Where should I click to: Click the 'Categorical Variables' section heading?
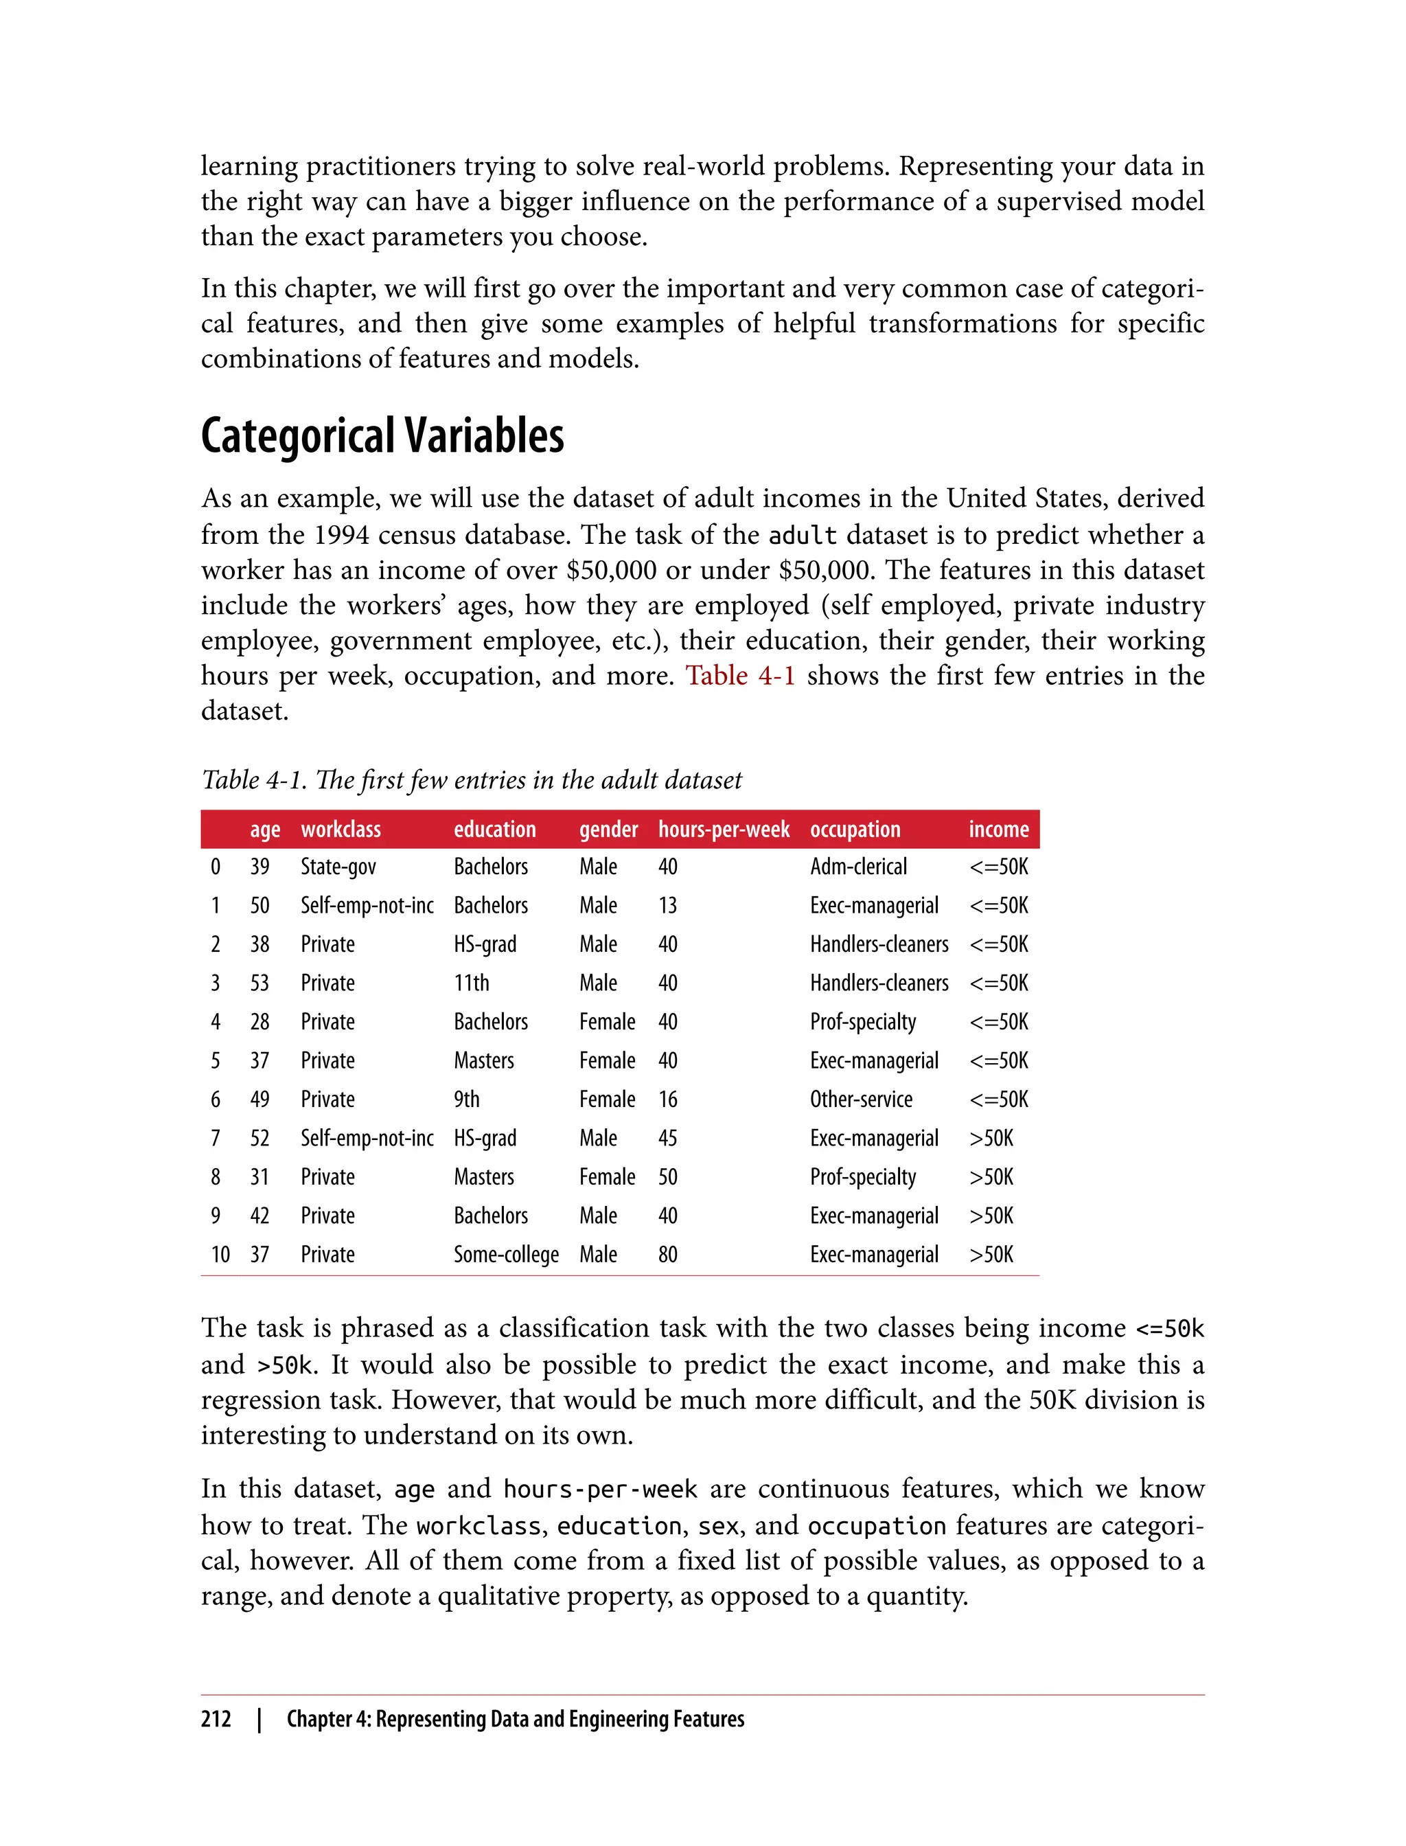pos(382,436)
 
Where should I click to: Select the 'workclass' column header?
pos(341,829)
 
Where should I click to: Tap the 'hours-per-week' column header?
pos(724,829)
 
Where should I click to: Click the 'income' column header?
pos(998,829)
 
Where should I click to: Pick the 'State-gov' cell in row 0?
pos(338,867)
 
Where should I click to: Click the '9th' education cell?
pos(467,1099)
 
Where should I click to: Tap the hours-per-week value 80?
pos(668,1254)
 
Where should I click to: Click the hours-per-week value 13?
pos(668,906)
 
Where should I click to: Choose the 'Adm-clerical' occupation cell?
pos(858,867)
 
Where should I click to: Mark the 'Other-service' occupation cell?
pos(861,1099)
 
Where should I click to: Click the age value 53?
pos(260,983)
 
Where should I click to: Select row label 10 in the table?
pos(220,1254)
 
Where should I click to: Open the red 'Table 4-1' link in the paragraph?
pos(740,676)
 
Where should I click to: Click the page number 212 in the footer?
pos(216,1719)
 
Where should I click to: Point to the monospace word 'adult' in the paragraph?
pos(803,536)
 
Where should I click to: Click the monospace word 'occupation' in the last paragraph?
pos(876,1526)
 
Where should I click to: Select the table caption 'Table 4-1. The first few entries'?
pos(471,780)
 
